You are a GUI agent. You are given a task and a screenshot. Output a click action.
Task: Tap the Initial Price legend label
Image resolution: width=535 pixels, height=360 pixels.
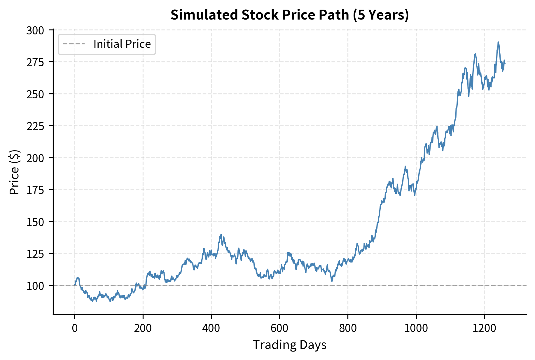point(122,44)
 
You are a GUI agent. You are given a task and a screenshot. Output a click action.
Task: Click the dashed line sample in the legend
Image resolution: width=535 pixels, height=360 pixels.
point(74,44)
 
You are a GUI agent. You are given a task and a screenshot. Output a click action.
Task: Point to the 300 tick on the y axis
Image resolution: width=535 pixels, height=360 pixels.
point(35,31)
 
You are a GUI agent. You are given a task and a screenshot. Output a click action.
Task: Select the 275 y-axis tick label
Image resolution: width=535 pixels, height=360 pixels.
point(35,62)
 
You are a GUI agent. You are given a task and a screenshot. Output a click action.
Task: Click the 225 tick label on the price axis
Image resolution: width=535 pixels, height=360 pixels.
point(35,126)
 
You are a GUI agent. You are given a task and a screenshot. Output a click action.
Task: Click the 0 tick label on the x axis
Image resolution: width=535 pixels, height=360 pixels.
point(75,328)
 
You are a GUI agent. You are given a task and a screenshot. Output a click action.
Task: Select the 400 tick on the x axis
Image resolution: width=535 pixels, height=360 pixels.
point(211,328)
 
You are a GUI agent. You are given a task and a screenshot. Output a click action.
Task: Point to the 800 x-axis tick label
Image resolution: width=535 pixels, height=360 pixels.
point(348,328)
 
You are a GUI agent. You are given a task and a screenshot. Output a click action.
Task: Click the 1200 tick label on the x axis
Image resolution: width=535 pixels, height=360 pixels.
point(484,328)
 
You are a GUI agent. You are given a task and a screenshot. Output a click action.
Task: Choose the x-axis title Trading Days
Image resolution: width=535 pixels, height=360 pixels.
point(289,345)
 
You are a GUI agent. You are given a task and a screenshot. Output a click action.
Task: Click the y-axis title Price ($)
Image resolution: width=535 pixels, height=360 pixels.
point(14,172)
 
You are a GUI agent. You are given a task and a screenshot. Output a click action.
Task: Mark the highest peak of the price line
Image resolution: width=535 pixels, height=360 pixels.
point(498,42)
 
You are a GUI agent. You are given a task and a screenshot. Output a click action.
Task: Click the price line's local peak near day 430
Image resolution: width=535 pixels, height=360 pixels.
point(221,234)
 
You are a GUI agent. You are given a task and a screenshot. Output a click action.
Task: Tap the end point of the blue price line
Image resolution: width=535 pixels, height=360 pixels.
point(505,63)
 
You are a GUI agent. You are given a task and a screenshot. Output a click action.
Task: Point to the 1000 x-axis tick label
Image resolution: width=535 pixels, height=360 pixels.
point(416,328)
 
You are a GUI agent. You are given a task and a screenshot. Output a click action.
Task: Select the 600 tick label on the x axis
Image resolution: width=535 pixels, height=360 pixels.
point(279,328)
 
